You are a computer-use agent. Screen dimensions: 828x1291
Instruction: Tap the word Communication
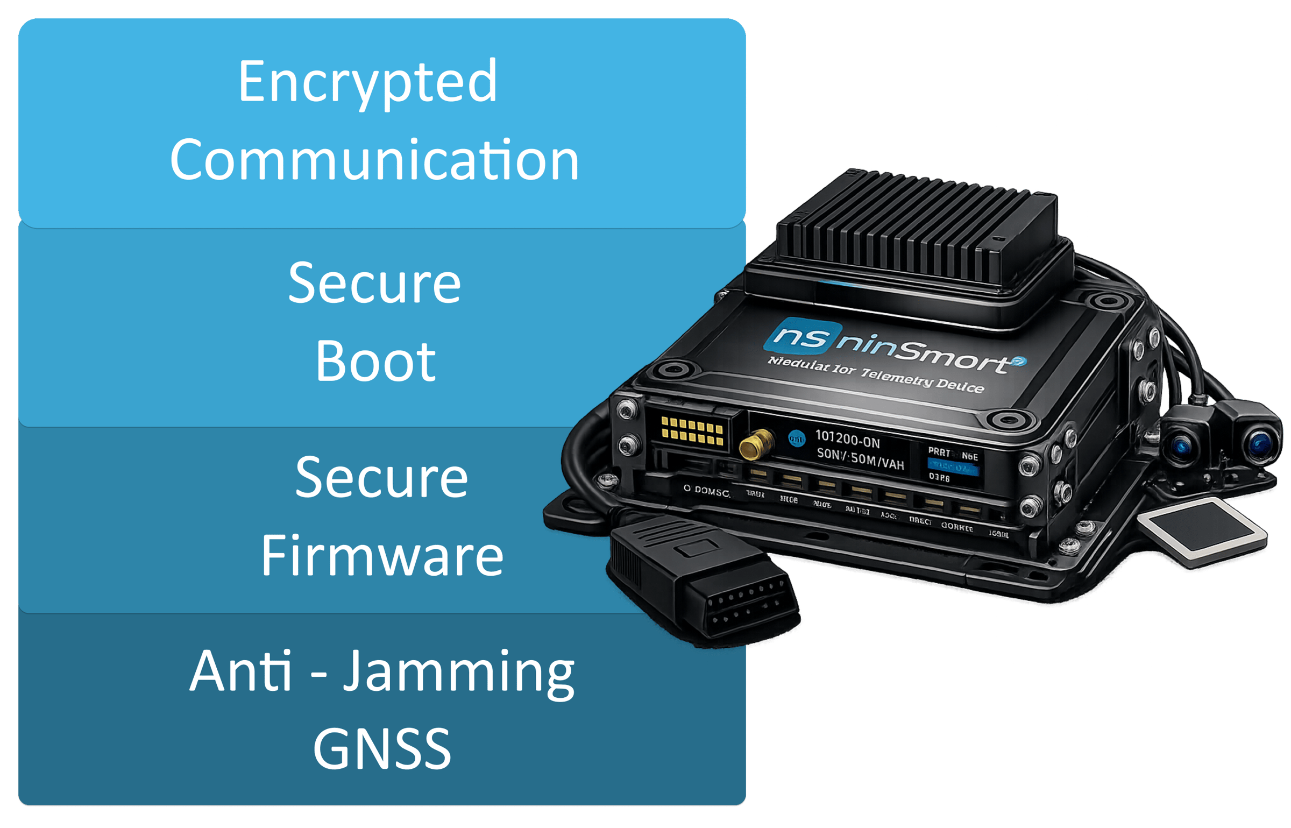374,160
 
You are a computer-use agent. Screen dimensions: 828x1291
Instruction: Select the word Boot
375,362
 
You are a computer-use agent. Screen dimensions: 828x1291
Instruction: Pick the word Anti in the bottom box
240,671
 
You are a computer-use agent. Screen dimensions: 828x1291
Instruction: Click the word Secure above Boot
374,284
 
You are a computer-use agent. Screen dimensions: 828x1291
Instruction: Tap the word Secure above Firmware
381,478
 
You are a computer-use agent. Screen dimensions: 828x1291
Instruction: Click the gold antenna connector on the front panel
756,444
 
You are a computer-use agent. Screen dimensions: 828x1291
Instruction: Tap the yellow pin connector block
692,431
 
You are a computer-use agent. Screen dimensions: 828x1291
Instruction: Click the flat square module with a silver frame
1203,530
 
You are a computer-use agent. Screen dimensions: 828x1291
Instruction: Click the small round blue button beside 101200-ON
796,439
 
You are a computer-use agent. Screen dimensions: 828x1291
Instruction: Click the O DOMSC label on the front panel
706,491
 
